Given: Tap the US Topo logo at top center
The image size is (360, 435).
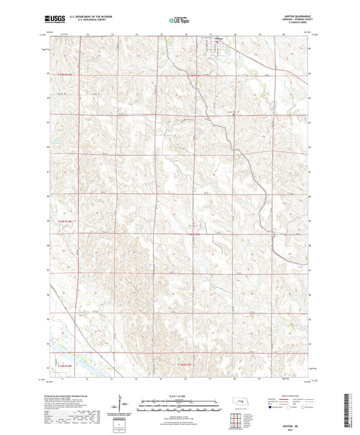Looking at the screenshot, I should click(179, 21).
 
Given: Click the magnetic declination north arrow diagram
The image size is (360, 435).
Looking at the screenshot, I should click(122, 405).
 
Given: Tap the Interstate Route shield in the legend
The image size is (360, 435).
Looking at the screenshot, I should click(272, 407).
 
